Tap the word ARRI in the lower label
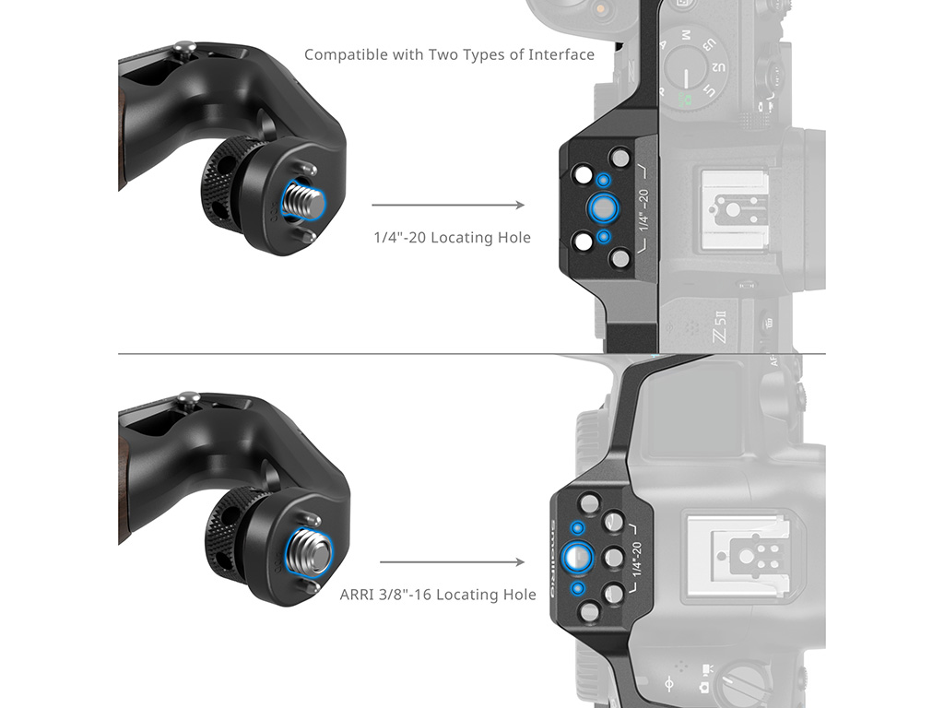pyautogui.click(x=355, y=595)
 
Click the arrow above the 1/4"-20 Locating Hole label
pyautogui.click(x=448, y=206)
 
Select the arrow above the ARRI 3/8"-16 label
pyautogui.click(x=452, y=562)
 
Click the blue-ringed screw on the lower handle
pyautogui.click(x=311, y=552)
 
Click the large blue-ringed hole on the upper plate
pyautogui.click(x=602, y=207)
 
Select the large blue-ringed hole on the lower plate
pyautogui.click(x=577, y=557)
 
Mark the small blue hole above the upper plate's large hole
pyautogui.click(x=603, y=180)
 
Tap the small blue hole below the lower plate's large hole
pyautogui.click(x=577, y=587)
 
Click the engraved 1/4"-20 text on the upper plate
pyautogui.click(x=643, y=210)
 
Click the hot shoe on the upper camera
pyautogui.click(x=732, y=211)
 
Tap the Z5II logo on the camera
pyautogui.click(x=719, y=326)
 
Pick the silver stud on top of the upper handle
pyautogui.click(x=185, y=47)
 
